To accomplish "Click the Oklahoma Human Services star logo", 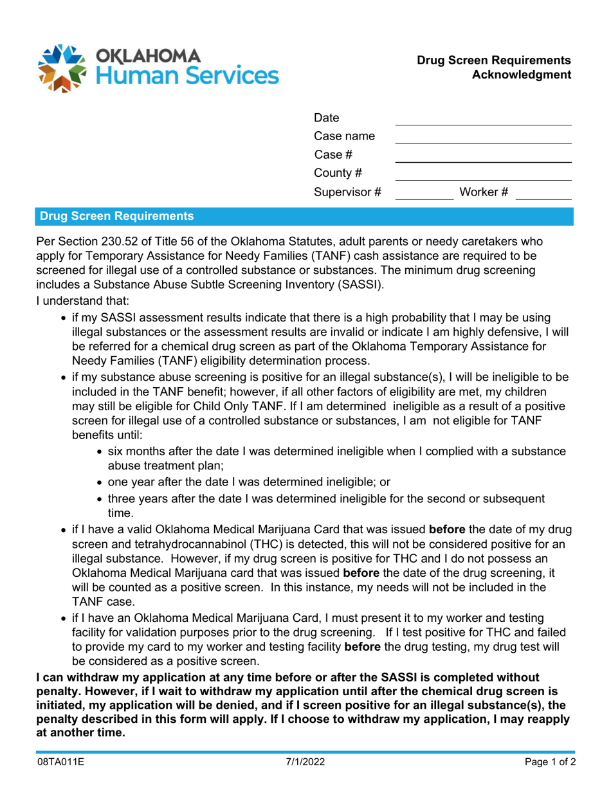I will point(62,68).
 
